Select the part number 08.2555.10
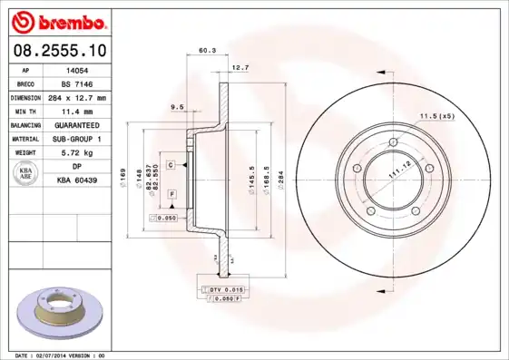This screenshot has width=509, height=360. [59, 52]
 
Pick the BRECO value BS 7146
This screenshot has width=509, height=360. [78, 83]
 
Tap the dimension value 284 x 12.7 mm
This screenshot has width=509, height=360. [78, 97]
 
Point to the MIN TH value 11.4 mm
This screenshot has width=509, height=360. [78, 111]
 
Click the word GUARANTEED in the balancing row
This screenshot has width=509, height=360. [78, 125]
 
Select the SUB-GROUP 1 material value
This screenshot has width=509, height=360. [78, 139]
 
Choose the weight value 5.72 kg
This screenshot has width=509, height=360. [78, 153]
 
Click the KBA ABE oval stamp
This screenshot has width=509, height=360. [25, 174]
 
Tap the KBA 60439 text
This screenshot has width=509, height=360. [78, 180]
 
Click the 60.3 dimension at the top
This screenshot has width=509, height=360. [206, 51]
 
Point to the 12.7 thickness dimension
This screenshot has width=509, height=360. [240, 68]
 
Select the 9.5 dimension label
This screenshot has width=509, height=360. [178, 107]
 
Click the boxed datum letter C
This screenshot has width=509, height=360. [170, 165]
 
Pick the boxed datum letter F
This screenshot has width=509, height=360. [170, 194]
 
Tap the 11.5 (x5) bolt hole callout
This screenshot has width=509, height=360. [436, 115]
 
